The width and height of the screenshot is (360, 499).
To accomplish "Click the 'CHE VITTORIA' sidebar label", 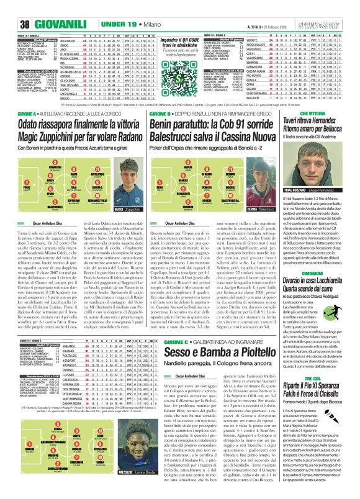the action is click(x=326, y=112).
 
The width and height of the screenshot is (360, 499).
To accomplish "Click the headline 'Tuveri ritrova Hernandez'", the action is click(x=326, y=120).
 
